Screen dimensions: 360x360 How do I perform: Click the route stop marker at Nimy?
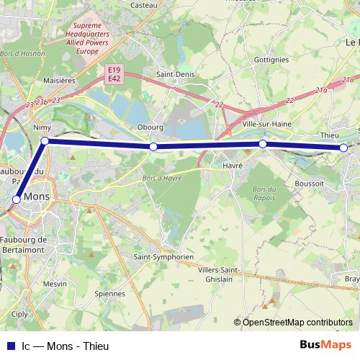(x=45, y=141)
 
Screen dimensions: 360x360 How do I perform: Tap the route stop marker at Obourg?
(x=153, y=147)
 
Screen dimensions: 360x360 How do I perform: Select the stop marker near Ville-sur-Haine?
(x=263, y=144)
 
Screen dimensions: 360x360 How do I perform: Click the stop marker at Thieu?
(x=343, y=148)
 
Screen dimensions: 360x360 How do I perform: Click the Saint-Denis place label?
(x=174, y=74)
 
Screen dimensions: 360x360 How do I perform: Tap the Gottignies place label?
(x=271, y=60)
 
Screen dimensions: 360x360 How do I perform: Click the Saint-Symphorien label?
(x=164, y=256)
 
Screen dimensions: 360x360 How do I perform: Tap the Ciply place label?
(x=19, y=314)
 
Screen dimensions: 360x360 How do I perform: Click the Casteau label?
(x=143, y=4)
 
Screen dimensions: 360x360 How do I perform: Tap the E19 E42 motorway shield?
(x=114, y=73)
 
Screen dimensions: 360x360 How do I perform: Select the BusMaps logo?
(x=326, y=345)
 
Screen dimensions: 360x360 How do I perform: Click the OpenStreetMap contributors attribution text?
(x=297, y=322)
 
